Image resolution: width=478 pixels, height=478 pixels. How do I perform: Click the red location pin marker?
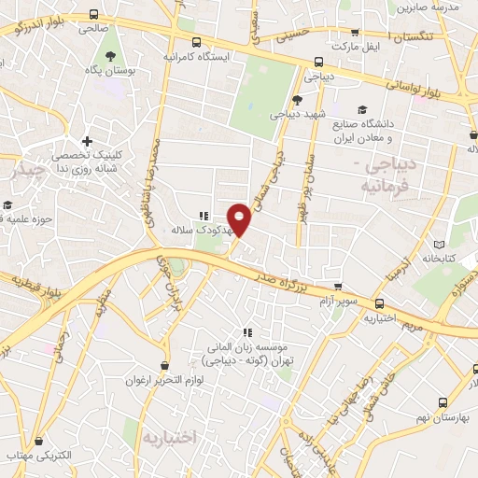pyautogui.click(x=239, y=218)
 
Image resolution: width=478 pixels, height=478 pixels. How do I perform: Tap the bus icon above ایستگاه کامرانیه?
pyautogui.click(x=196, y=42)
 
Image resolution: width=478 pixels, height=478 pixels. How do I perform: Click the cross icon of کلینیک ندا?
pyautogui.click(x=87, y=142)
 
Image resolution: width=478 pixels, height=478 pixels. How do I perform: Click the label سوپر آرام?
pyautogui.click(x=338, y=302)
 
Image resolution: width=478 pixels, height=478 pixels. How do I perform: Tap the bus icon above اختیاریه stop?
pyautogui.click(x=379, y=303)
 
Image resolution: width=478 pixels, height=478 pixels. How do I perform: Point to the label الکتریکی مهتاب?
pyautogui.click(x=43, y=456)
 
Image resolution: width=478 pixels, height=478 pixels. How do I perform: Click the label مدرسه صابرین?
pyautogui.click(x=428, y=7)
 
